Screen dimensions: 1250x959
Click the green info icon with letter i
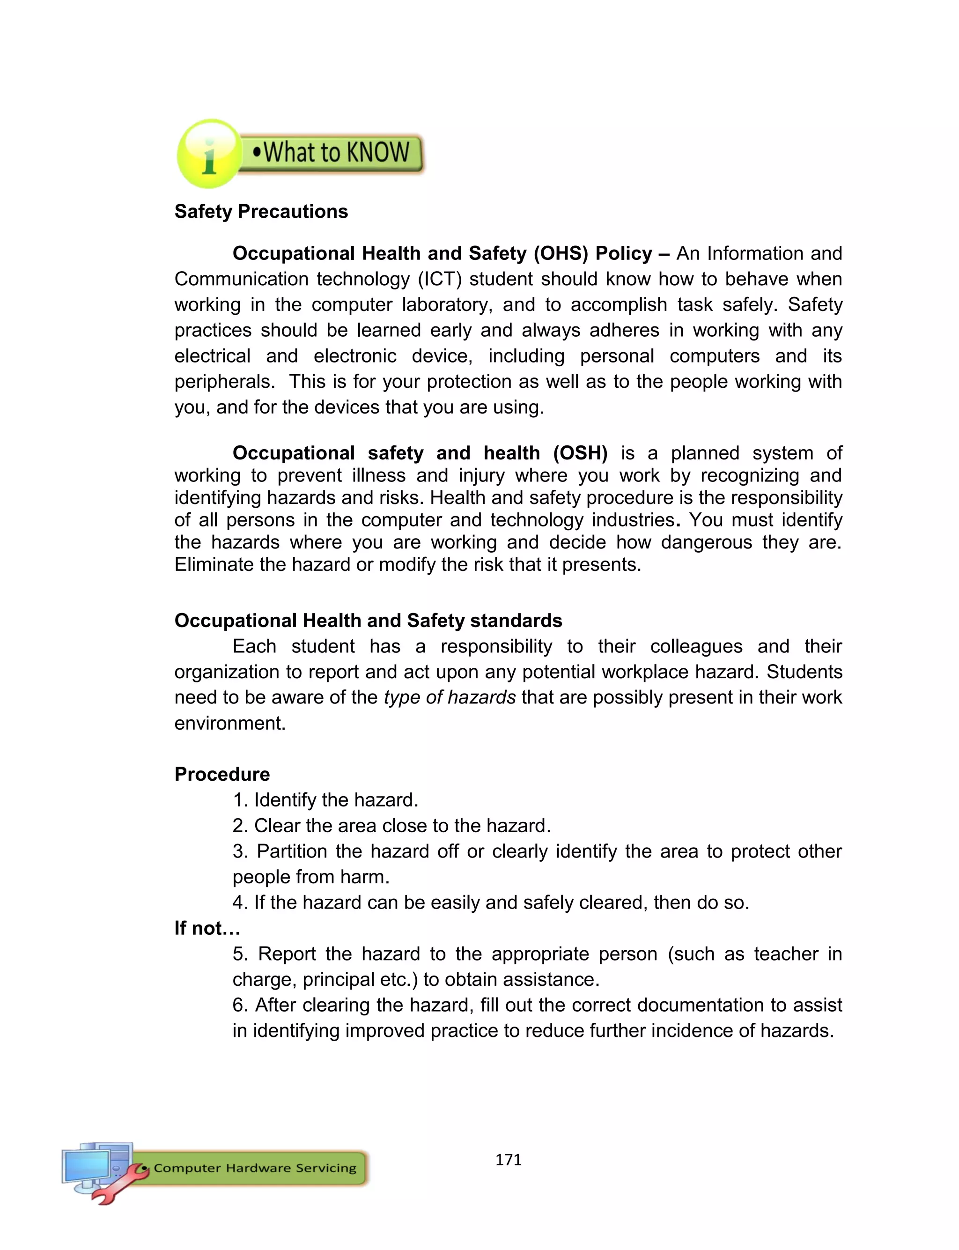[x=209, y=154]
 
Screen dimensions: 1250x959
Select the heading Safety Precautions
[x=261, y=212]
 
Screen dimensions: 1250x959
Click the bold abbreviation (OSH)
[x=580, y=453]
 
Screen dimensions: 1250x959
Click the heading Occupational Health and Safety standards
[x=368, y=621]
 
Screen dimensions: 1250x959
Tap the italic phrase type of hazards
[x=450, y=697]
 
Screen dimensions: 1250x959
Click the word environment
[x=229, y=723]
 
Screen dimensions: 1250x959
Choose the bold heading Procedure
[x=222, y=775]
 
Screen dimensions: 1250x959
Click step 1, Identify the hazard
[x=325, y=800]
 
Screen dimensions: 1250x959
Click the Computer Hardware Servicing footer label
[x=255, y=1168]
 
